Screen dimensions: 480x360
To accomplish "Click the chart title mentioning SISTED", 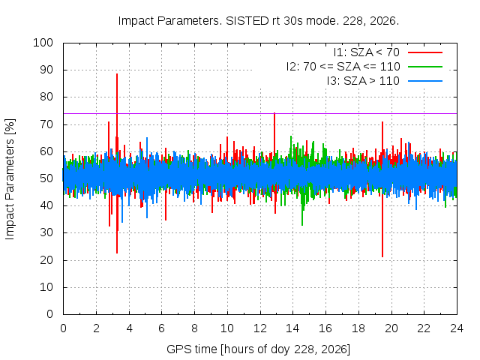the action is (259, 21).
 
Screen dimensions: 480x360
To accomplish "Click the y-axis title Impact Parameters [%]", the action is (10, 179).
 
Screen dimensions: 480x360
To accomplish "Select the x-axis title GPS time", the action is (258, 349).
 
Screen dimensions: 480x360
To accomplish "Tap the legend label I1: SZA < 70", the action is (367, 52).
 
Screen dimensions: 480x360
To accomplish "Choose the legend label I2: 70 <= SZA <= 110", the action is (343, 67).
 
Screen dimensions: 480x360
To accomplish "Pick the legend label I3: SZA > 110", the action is (363, 81).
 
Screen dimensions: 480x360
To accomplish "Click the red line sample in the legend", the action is (425, 52).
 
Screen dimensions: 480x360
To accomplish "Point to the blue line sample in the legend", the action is (425, 81).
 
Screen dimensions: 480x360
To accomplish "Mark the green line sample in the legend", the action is (425, 67).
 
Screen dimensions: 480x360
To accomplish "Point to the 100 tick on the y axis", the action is (43, 43).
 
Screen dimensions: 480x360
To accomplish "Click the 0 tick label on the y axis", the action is (50, 314).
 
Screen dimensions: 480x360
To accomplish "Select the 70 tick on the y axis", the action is (46, 124).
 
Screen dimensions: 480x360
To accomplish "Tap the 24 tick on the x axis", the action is (457, 328).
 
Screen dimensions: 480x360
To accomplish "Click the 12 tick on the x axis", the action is (260, 328).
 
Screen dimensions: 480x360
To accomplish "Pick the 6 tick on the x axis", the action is (162, 328).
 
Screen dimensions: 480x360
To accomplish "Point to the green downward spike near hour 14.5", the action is (302, 211).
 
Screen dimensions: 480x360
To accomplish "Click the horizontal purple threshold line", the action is (260, 113).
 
